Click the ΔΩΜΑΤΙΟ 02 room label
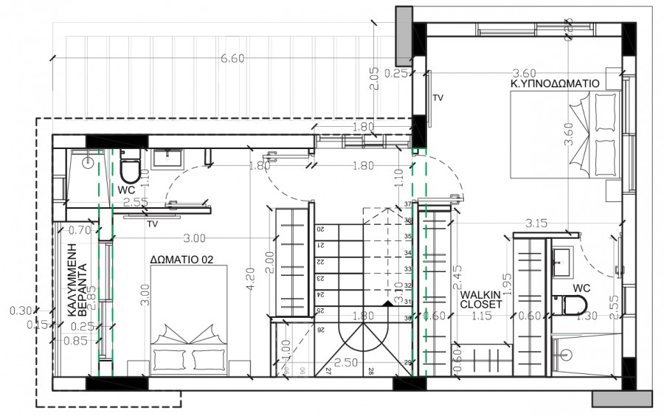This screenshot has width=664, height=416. click(181, 259)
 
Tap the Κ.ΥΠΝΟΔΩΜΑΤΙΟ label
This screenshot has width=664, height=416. click(555, 84)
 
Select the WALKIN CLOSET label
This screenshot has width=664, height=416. click(480, 299)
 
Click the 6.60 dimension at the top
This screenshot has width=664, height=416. click(232, 59)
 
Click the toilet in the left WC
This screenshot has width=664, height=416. click(128, 170)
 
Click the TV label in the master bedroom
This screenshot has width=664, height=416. click(438, 97)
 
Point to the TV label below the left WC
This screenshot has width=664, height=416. click(153, 223)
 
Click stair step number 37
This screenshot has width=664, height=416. click(407, 204)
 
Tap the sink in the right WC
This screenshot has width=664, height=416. click(561, 257)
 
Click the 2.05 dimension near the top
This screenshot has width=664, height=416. click(376, 77)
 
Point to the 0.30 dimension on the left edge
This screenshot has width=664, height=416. click(21, 311)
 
